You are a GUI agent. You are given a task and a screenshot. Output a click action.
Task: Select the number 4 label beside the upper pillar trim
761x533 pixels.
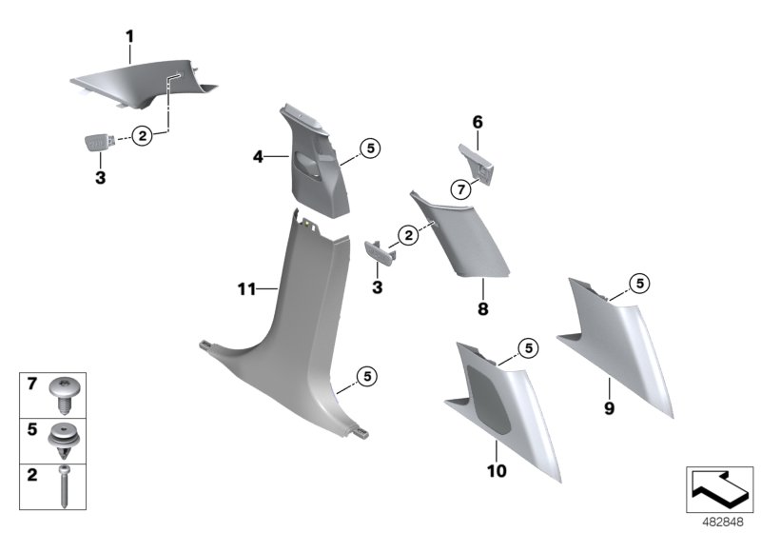258,155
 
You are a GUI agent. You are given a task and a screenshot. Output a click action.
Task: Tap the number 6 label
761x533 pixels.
478,122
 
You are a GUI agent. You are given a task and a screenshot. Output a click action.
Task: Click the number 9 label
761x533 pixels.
609,409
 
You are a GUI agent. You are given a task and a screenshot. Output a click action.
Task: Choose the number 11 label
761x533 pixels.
246,287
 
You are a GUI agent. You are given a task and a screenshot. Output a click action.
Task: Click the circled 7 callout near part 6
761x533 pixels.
459,189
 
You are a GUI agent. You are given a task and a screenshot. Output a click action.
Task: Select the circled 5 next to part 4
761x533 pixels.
370,148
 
